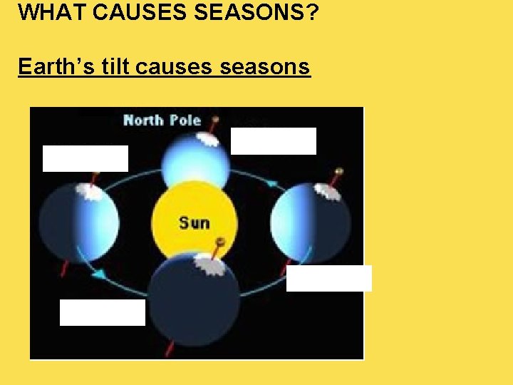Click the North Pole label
click(x=162, y=120)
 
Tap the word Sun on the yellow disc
click(x=194, y=223)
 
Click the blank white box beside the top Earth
click(x=273, y=141)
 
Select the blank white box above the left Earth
click(x=85, y=158)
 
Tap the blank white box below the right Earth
click(x=328, y=278)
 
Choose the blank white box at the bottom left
click(x=102, y=312)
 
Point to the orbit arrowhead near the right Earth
click(x=271, y=183)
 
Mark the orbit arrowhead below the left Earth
click(x=101, y=274)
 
